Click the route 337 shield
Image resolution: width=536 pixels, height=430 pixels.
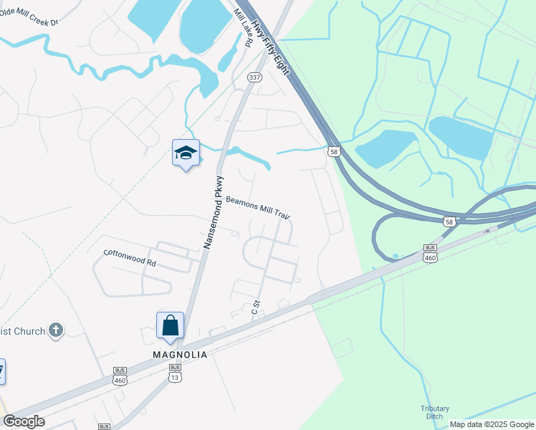coord(254,77)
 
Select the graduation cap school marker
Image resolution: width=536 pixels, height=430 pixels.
coord(186,153)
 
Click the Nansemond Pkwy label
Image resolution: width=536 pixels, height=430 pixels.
coord(214,212)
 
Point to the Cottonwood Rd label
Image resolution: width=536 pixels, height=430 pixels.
coord(130,257)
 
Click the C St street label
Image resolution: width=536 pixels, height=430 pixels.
coord(255,308)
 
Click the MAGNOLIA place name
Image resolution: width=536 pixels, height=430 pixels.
coord(180,355)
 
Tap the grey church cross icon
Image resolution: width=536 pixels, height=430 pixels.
coord(56,330)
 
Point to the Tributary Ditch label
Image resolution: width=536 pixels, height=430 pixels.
coord(435,412)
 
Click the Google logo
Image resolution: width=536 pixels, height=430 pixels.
coord(24,421)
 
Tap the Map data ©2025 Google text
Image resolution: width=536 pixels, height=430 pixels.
coord(491,424)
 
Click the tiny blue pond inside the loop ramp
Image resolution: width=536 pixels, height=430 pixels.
coord(396,256)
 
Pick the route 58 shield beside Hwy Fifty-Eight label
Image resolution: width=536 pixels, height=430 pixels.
coord(333,151)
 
